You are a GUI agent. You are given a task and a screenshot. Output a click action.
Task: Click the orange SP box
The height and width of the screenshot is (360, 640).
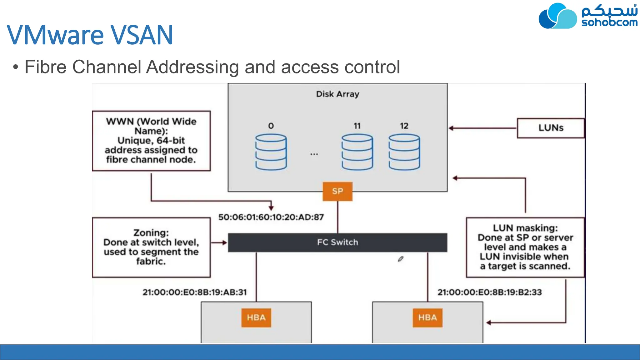[x=337, y=191]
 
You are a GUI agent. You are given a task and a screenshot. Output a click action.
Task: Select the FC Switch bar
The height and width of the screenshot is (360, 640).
[x=337, y=242]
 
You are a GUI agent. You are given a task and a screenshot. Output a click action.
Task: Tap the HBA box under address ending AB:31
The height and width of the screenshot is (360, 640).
[x=256, y=318]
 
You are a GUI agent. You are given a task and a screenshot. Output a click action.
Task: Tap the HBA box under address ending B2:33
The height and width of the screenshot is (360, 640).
[x=427, y=318]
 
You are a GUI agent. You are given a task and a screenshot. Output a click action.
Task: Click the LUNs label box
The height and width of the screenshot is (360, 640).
[x=551, y=128]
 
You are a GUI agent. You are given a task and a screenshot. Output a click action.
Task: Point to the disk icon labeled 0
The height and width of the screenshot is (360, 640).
[x=271, y=152]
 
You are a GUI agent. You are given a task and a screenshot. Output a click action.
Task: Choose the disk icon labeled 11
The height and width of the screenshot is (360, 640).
[x=357, y=152]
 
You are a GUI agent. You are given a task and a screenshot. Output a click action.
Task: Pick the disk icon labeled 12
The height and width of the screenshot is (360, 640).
[x=404, y=152]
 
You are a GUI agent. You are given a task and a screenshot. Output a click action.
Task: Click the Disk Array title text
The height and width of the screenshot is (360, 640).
[x=337, y=94]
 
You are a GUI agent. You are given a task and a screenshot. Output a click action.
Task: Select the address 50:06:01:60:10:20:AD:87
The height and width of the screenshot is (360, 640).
[x=271, y=217]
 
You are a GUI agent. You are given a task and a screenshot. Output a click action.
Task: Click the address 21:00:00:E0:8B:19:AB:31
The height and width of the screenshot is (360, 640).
[x=195, y=292]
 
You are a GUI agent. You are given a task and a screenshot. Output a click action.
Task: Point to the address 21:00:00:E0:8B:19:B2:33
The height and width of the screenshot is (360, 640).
[x=489, y=292]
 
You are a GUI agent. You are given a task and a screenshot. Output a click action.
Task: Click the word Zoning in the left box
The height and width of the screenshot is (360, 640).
[x=151, y=233]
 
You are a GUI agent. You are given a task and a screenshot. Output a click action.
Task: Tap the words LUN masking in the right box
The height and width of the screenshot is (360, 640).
[x=525, y=228]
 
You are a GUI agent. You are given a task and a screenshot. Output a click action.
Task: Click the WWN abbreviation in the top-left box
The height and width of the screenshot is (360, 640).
[x=120, y=122]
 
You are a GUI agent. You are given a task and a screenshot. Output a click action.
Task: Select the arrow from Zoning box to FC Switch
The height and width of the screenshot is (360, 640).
[x=219, y=242]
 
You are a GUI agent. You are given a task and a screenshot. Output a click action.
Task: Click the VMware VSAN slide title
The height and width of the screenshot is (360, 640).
[x=90, y=35]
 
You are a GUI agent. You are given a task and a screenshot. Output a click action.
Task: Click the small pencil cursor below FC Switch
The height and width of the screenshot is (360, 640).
[x=401, y=259]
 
